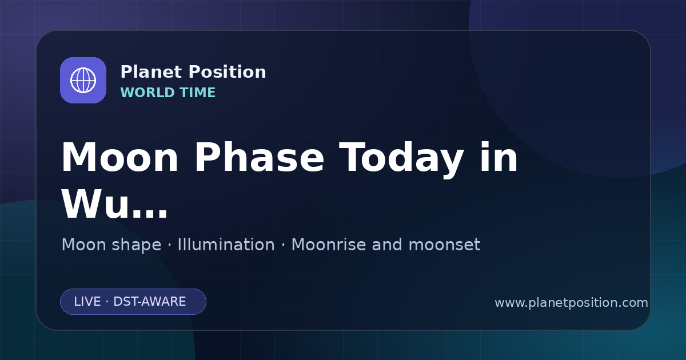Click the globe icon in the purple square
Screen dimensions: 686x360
click(83, 80)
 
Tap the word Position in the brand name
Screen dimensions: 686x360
click(228, 72)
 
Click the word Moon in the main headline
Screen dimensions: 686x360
click(119, 157)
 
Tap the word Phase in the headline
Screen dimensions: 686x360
click(259, 157)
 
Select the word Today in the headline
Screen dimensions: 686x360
click(401, 159)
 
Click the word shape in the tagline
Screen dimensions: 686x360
click(136, 246)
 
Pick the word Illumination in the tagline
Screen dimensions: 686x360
click(226, 245)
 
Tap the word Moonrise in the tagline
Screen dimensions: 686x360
click(328, 245)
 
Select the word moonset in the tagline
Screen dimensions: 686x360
click(444, 245)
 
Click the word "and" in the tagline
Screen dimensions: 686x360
click(387, 245)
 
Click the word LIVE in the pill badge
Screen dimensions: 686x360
click(87, 302)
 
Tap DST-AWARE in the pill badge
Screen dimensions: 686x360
click(150, 302)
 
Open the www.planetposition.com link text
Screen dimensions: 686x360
click(572, 303)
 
